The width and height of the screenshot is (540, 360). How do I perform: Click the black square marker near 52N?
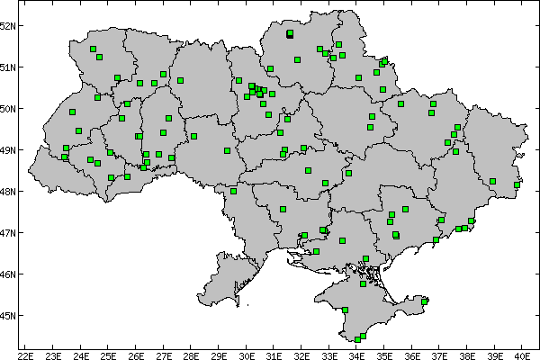click(290, 33)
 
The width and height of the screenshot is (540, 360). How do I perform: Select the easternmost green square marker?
click(517, 185)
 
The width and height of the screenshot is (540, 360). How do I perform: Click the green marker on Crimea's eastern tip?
click(425, 301)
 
